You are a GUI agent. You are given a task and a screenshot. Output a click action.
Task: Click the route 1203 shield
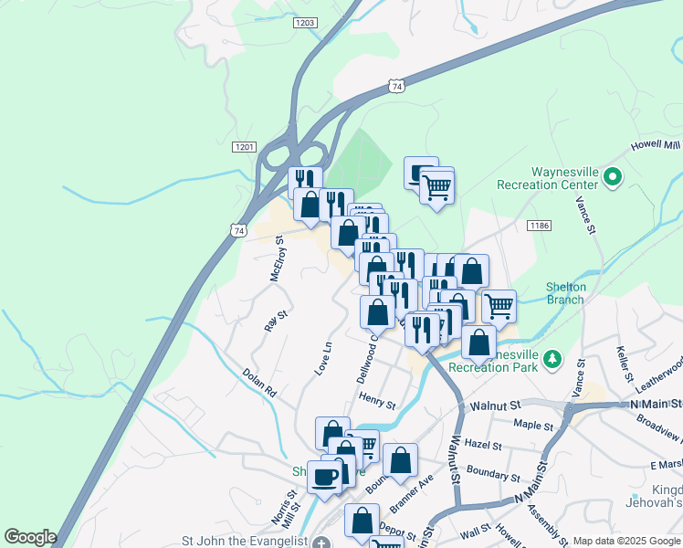[x=305, y=23]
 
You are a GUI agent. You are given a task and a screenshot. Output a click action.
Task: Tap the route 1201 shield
[x=244, y=147]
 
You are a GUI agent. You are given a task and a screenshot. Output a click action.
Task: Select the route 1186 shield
[x=536, y=224]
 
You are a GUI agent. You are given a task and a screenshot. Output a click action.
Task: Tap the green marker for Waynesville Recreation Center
[x=612, y=178]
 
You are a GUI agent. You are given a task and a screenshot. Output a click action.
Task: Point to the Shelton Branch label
[x=565, y=292]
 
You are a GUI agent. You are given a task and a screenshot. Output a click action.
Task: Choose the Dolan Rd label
[x=259, y=382]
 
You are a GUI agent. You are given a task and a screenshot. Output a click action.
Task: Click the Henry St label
[x=376, y=399]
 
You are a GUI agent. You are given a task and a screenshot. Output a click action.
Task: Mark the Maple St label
[x=534, y=425]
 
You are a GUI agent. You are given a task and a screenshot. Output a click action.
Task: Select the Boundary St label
[x=493, y=476]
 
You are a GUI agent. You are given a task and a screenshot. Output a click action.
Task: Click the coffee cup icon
[x=324, y=476]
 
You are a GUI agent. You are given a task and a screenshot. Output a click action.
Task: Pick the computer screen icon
[x=422, y=173]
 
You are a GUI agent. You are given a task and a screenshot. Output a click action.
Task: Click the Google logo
[x=30, y=536]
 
